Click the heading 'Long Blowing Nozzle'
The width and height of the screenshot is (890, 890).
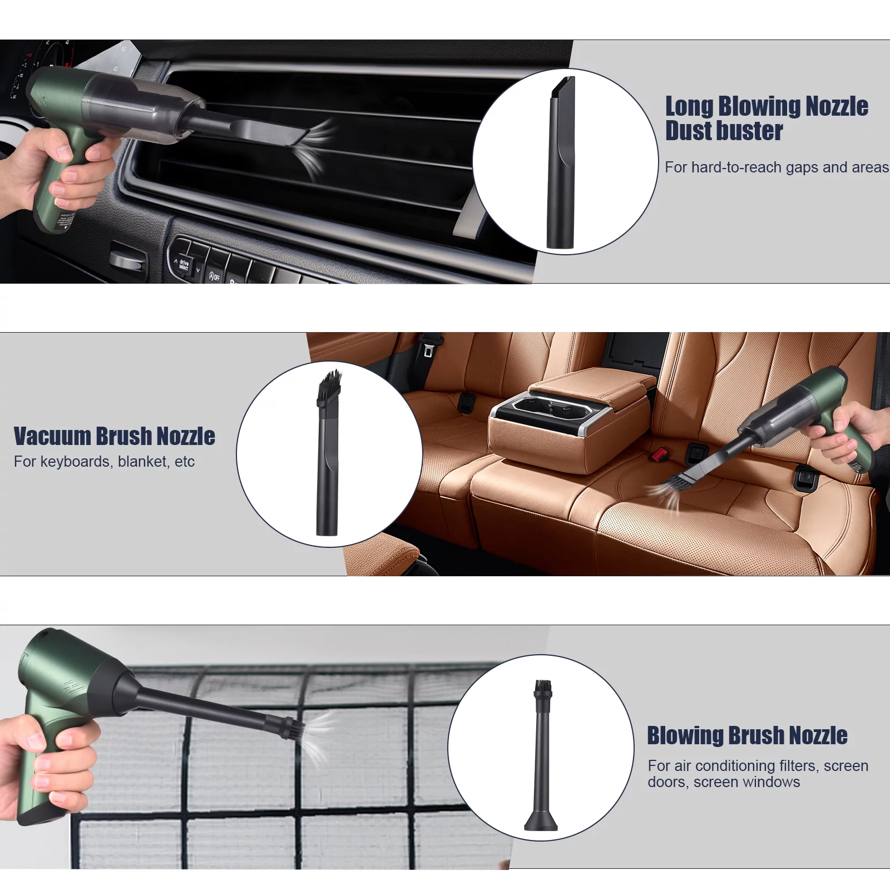point(767,106)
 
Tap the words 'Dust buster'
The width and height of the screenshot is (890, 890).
point(724,131)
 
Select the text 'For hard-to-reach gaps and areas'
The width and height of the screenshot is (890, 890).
point(777,167)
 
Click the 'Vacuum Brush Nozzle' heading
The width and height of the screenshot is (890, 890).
point(114,436)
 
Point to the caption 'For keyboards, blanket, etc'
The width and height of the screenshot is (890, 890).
point(104,462)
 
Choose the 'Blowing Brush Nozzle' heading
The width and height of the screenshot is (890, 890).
point(747,735)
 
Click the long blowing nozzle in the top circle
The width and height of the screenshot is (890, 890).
point(561,162)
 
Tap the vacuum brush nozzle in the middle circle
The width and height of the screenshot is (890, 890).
point(328,453)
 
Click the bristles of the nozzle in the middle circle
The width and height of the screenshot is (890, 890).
point(329,385)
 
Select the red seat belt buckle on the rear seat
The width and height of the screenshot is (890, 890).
point(660,454)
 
